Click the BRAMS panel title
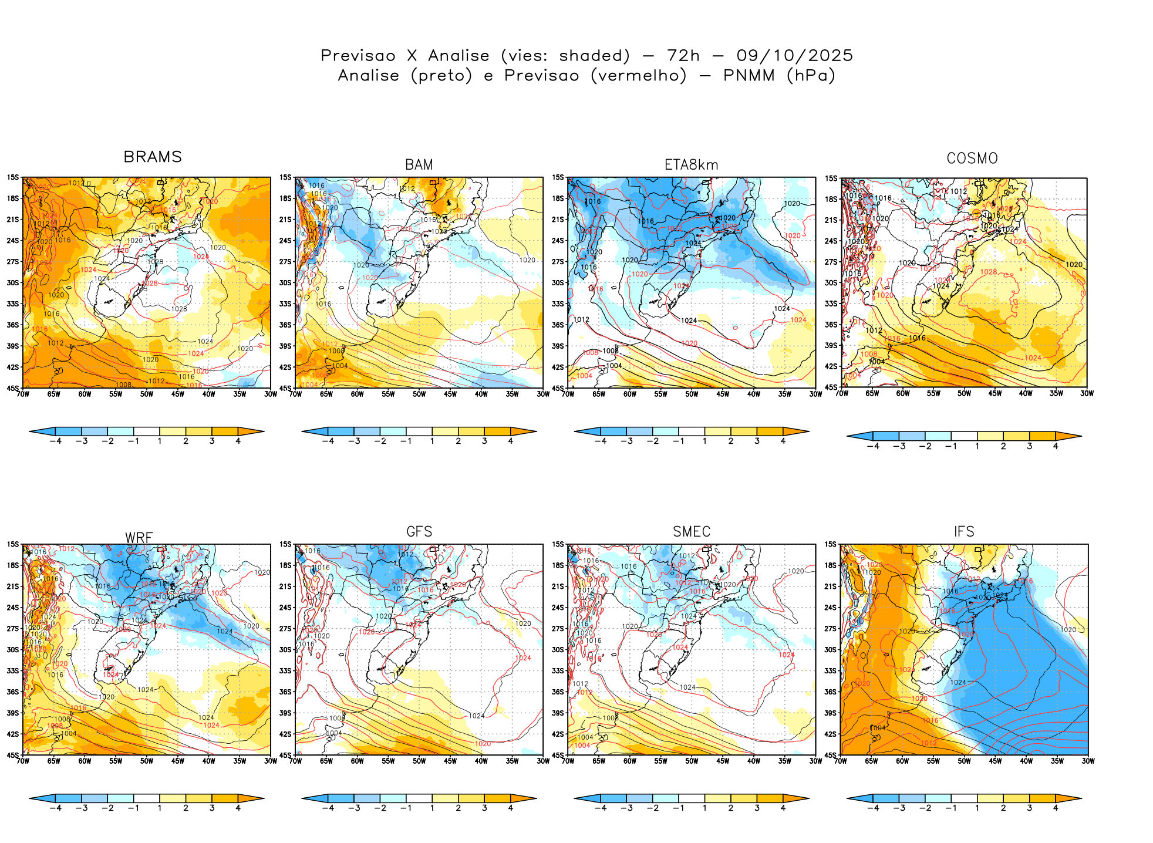(153, 157)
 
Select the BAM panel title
(419, 165)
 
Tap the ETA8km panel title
(691, 165)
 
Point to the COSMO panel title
(972, 159)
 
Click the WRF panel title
(139, 538)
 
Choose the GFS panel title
(419, 532)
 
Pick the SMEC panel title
(692, 532)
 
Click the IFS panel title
(964, 532)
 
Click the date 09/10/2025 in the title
(794, 56)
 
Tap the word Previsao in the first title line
(358, 56)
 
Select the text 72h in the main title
(683, 56)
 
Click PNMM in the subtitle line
(749, 76)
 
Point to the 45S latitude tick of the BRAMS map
(13, 388)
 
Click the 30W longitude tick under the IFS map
(1088, 761)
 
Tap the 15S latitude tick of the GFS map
(285, 545)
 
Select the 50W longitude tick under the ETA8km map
(692, 394)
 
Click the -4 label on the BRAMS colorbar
(55, 441)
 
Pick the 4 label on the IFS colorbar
(1056, 808)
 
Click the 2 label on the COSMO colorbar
(1003, 447)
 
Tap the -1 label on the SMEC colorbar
(678, 808)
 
